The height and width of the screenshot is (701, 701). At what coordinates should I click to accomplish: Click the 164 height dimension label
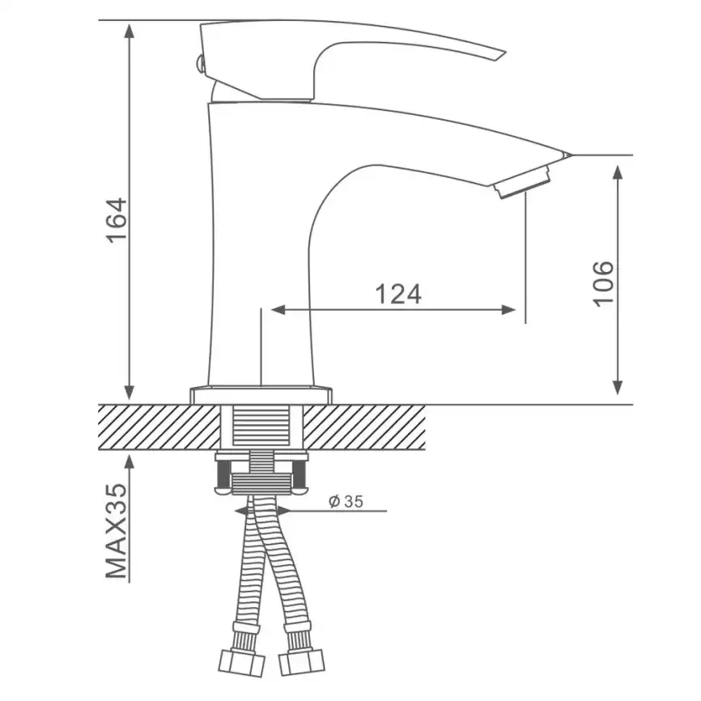click(117, 220)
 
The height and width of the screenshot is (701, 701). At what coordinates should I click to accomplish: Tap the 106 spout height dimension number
click(604, 283)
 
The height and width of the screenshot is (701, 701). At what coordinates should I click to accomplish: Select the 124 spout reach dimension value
click(398, 294)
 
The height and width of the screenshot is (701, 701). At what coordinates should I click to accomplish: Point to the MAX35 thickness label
click(117, 531)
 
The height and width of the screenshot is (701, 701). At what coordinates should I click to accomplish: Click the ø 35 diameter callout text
click(346, 502)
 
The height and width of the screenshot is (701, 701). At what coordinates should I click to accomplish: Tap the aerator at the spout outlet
click(522, 181)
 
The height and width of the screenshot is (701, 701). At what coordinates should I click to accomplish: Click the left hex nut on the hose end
click(241, 663)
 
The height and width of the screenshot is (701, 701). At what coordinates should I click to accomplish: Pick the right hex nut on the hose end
click(302, 662)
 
